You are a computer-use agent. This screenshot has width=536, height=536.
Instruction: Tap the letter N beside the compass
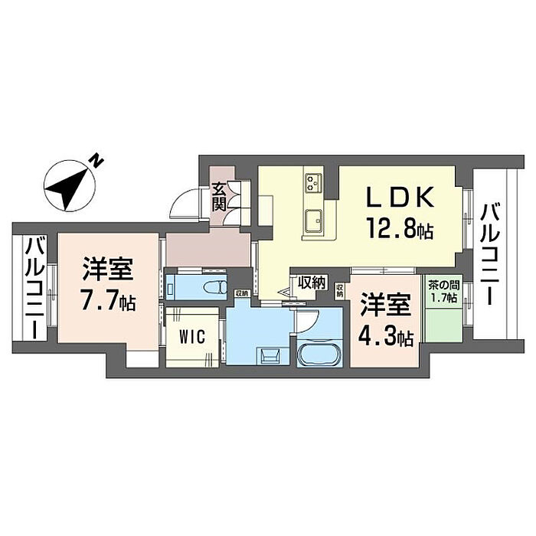pos(96,160)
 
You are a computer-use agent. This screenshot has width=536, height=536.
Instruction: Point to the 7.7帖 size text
pos(108,300)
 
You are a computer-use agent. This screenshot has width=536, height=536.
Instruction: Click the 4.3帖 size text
pos(386,335)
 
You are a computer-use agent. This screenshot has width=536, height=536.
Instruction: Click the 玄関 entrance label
pos(219,196)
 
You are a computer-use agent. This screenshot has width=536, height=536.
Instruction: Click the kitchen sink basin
pos(314,221)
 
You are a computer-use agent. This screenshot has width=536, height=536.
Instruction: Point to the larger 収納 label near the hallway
pos(312,283)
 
